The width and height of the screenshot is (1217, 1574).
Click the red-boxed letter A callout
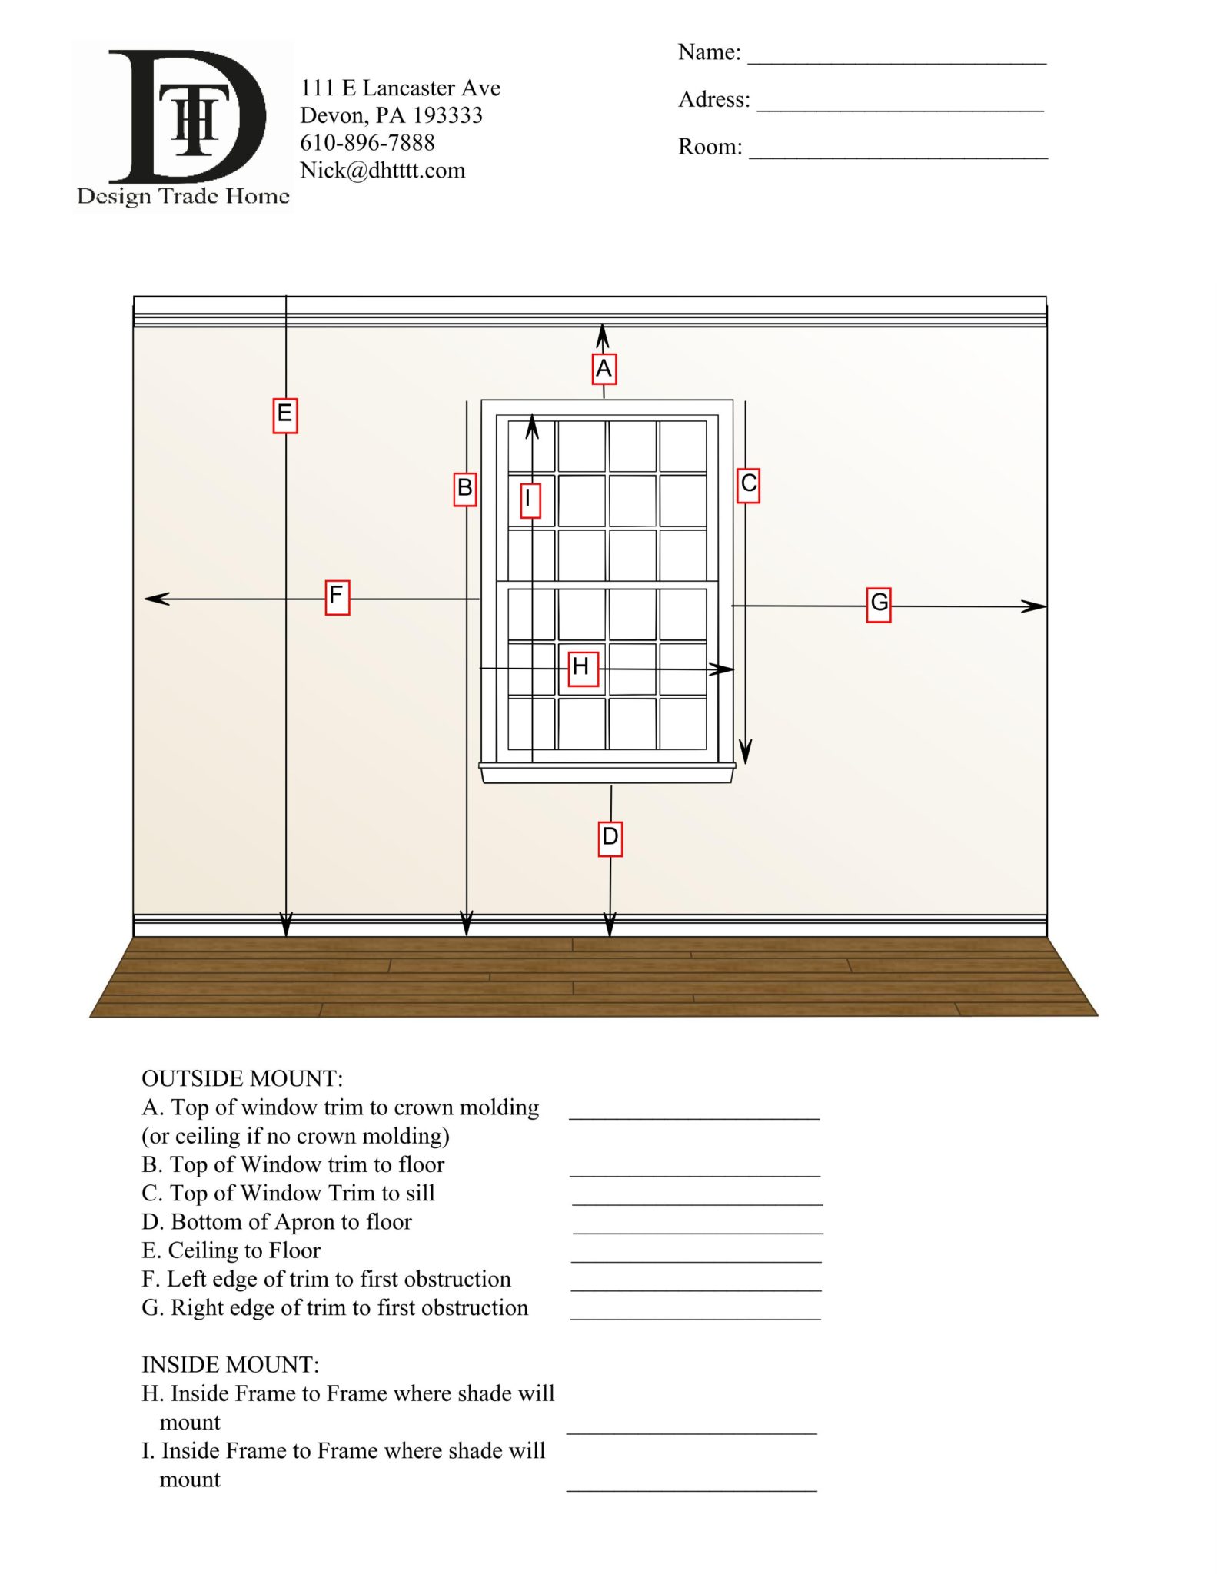pyautogui.click(x=604, y=369)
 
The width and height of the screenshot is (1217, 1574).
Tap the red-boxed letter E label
pyautogui.click(x=284, y=415)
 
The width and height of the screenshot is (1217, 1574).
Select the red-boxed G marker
pyautogui.click(x=879, y=604)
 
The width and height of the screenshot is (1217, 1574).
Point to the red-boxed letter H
pyautogui.click(x=583, y=667)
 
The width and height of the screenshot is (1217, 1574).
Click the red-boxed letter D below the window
pyautogui.click(x=610, y=838)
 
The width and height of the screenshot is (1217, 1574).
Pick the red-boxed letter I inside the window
pyautogui.click(x=529, y=500)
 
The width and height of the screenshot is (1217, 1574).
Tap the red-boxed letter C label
pyautogui.click(x=748, y=485)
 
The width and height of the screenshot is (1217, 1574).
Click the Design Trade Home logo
pyautogui.click(x=183, y=127)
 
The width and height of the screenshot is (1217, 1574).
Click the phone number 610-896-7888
pyautogui.click(x=367, y=143)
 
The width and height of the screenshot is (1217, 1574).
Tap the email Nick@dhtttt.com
pyautogui.click(x=382, y=171)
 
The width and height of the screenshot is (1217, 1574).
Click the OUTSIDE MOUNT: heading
pyautogui.click(x=242, y=1078)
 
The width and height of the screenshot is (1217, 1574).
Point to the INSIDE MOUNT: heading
pyautogui.click(x=230, y=1364)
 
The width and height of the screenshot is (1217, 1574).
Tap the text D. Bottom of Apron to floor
pyautogui.click(x=277, y=1221)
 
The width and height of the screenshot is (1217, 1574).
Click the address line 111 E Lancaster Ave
pyautogui.click(x=400, y=88)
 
